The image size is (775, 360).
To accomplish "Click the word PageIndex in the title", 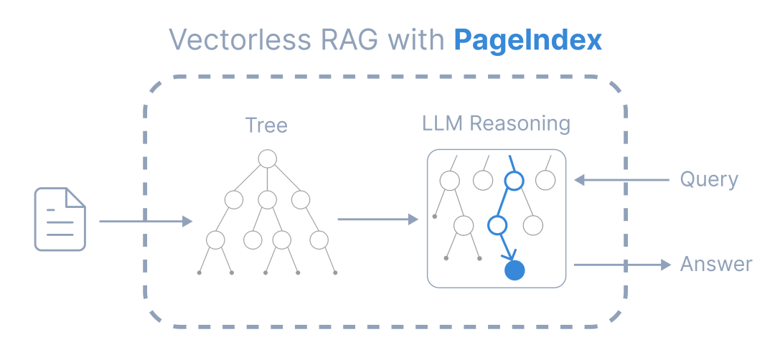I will [527, 40].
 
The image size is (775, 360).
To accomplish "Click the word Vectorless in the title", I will [228, 40].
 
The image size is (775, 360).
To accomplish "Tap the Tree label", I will [266, 125].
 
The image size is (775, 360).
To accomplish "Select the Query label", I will [709, 179].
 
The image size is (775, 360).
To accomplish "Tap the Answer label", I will [715, 265].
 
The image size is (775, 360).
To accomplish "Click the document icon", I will [60, 219].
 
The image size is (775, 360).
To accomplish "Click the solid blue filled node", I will [515, 270].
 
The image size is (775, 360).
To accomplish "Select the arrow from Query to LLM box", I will [621, 181].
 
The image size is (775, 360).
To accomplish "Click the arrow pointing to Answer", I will [621, 265].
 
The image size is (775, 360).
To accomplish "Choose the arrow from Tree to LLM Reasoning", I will [377, 219].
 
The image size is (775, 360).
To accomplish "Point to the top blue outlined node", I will [514, 181].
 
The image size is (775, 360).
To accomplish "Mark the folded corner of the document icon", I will [75, 197].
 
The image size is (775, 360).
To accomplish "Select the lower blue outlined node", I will [497, 226].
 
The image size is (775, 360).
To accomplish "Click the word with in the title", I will [418, 40].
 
